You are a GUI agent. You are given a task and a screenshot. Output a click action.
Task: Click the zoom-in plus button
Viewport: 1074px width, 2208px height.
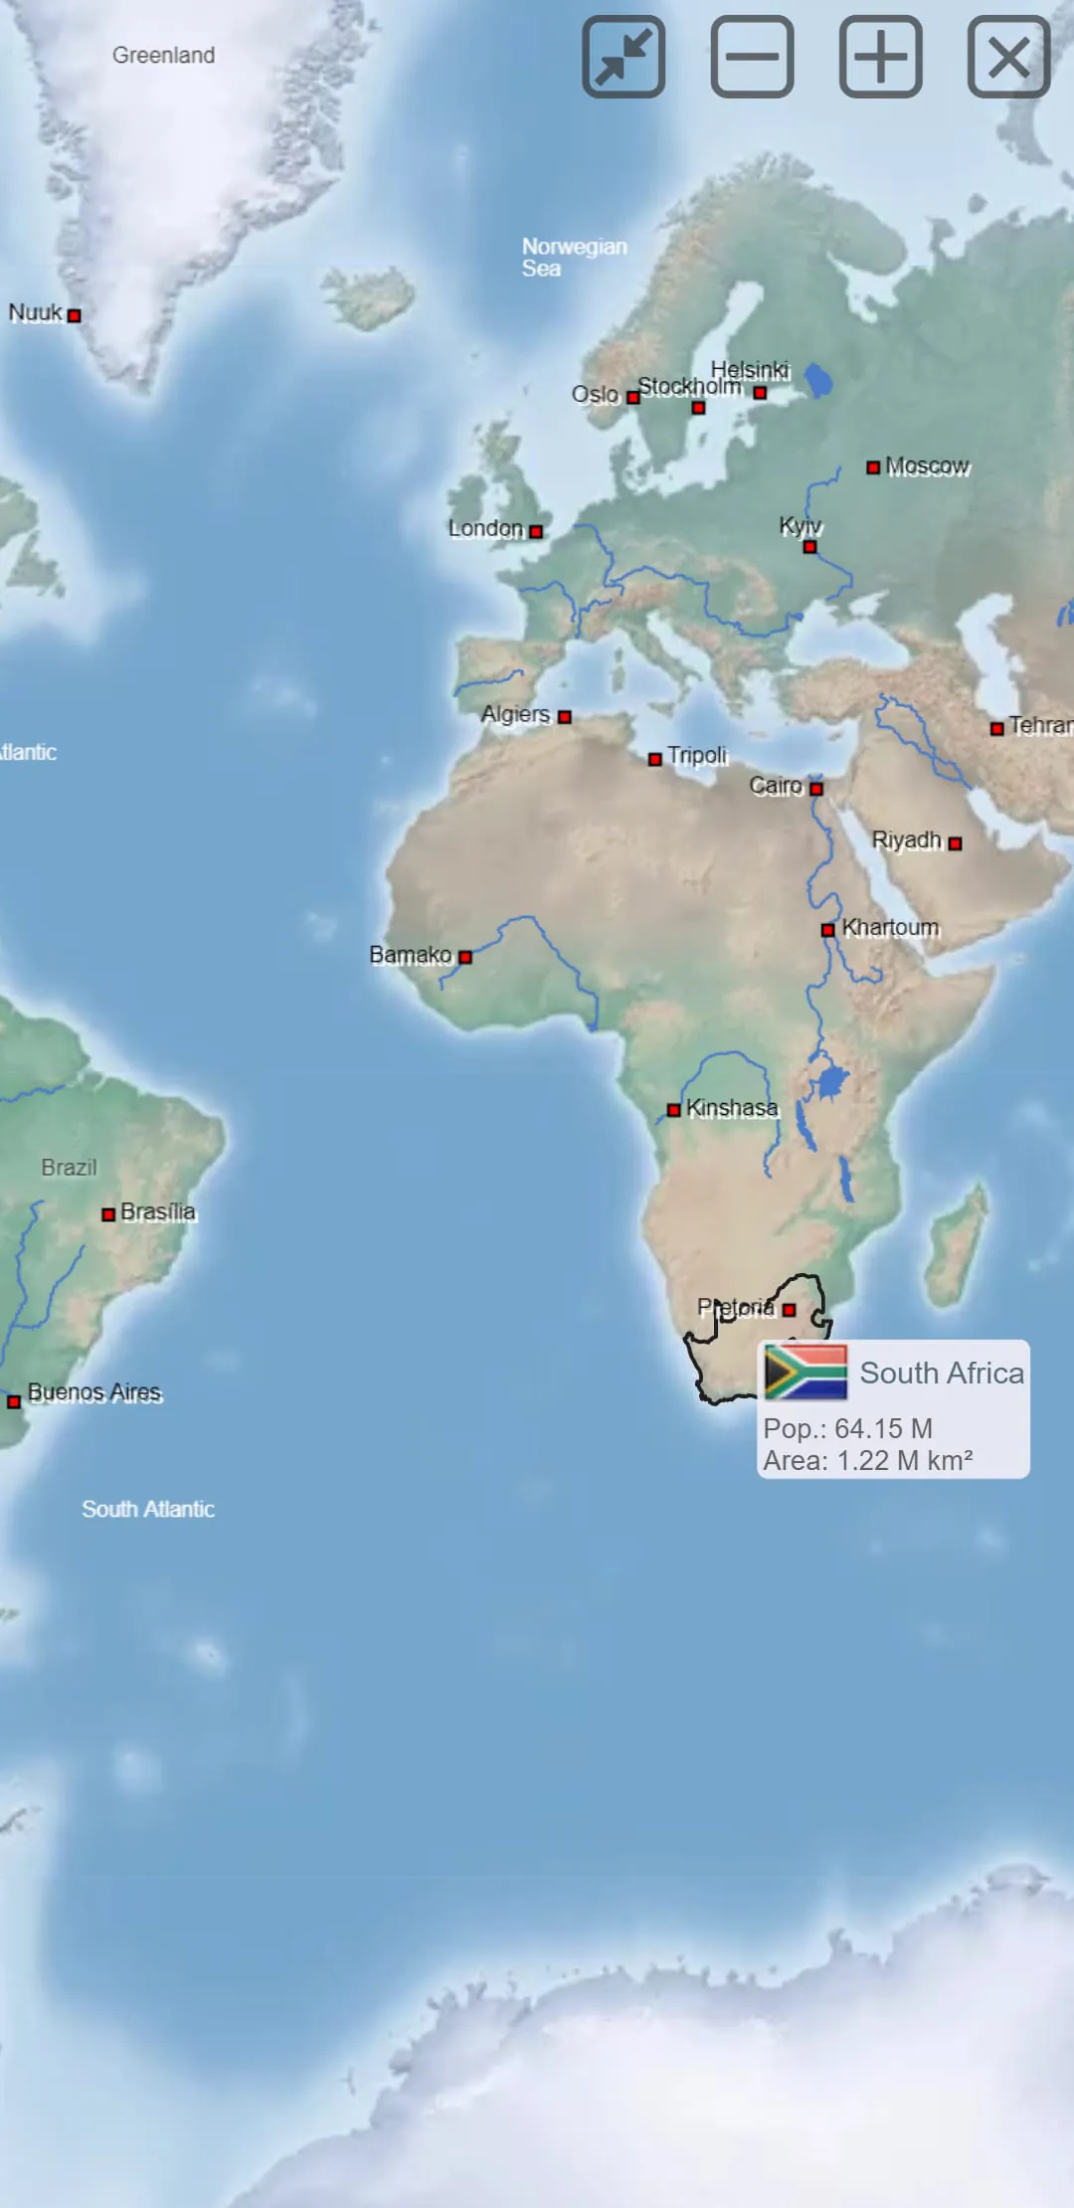click(880, 57)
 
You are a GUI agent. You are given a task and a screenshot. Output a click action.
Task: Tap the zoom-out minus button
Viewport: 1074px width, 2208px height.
click(752, 57)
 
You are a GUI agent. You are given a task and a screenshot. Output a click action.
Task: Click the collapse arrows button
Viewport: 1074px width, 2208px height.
click(624, 57)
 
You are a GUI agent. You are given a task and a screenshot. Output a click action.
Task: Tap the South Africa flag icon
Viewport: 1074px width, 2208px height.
click(805, 1372)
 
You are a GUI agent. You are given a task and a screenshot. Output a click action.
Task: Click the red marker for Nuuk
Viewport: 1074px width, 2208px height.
click(74, 316)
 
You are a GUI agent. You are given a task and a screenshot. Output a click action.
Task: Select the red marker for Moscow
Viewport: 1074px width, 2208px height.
click(873, 467)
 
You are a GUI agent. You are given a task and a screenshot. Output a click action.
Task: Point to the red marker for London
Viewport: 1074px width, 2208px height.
click(536, 532)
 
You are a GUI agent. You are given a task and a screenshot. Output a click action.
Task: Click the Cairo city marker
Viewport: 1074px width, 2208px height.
click(816, 789)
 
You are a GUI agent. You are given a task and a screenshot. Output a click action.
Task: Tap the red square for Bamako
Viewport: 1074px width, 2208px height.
click(464, 957)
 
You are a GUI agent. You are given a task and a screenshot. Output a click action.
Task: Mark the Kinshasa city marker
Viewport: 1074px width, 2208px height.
click(673, 1110)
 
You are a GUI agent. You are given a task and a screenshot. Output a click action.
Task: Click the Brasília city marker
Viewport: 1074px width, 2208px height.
click(108, 1214)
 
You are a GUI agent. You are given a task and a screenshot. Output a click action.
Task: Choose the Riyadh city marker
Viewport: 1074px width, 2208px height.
click(955, 843)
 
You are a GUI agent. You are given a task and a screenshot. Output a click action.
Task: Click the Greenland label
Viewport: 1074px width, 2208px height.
click(163, 56)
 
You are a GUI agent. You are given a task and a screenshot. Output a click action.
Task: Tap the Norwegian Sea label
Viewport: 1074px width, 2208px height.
click(574, 257)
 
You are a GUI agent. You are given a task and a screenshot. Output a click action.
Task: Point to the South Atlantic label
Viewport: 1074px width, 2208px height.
click(148, 1509)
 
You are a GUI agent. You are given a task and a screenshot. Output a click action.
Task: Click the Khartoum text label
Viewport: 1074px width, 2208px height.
click(890, 928)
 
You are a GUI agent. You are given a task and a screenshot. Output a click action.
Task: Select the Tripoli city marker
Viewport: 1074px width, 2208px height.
click(654, 760)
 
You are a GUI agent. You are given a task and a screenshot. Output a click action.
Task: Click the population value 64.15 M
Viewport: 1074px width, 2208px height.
click(883, 1428)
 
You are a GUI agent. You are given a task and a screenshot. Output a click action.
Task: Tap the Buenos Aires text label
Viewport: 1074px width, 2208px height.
click(94, 1391)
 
